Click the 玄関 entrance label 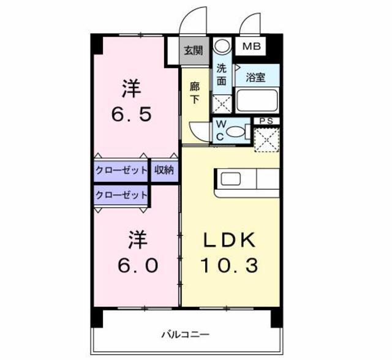click(x=194, y=51)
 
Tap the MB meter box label click(x=252, y=46)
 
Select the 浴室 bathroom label click(x=255, y=77)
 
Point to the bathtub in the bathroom click(x=257, y=100)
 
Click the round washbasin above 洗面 click(x=222, y=46)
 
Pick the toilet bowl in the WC click(x=236, y=132)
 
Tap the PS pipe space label click(x=266, y=121)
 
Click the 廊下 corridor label click(x=195, y=93)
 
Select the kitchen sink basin click(x=231, y=179)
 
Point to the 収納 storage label click(x=164, y=170)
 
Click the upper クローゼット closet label click(x=121, y=170)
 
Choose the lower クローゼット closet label click(x=121, y=195)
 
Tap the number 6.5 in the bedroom click(x=132, y=114)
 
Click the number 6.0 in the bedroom click(x=138, y=265)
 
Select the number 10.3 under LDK click(x=229, y=265)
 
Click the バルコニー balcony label click(x=185, y=334)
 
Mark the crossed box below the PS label click(x=267, y=140)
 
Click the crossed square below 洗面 click(x=222, y=103)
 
